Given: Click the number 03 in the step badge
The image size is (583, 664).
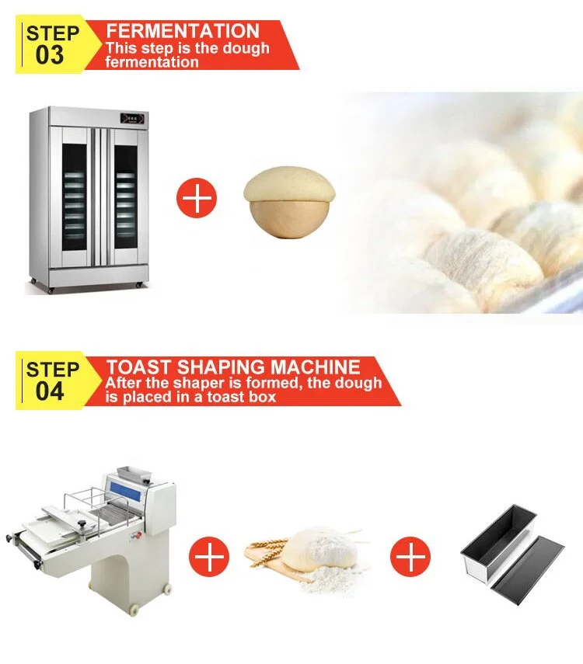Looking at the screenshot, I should [51, 56].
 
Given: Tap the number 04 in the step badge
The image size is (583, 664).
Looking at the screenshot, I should [51, 390].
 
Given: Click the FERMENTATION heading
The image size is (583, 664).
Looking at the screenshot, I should [183, 32].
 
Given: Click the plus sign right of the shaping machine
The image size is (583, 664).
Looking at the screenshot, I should [210, 557].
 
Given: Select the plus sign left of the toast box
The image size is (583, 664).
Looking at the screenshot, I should [410, 557].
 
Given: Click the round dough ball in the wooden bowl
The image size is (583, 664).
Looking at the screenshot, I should [289, 204].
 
